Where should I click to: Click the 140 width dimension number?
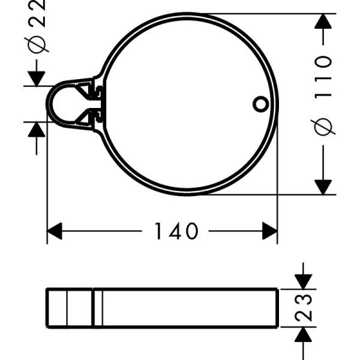click(x=176, y=231)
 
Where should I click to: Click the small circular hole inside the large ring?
click(x=260, y=103)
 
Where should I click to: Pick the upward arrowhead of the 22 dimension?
click(x=38, y=129)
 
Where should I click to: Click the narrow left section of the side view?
click(x=70, y=308)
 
